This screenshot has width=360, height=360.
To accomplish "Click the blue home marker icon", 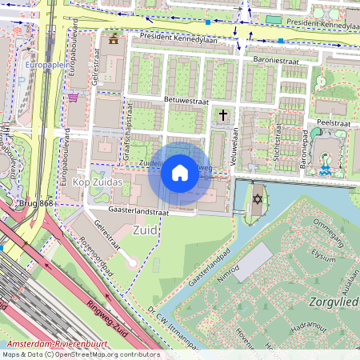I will [180, 173].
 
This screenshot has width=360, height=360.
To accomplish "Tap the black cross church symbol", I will [223, 116].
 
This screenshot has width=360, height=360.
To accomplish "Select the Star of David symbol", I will [258, 198].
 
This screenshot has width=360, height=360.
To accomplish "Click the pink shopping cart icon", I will [74, 98].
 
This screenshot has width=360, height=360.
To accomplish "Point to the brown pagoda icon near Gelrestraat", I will [114, 38].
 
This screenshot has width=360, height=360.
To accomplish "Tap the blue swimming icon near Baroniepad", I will [324, 170].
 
